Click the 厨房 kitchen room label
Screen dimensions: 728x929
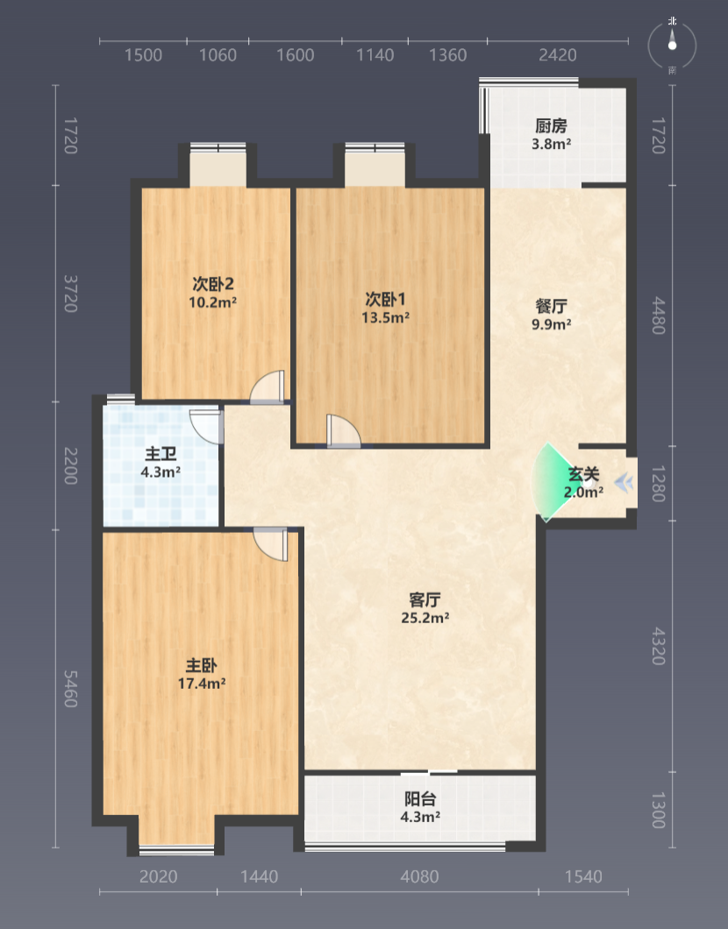tap(552, 125)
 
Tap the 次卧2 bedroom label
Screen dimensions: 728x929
tap(213, 284)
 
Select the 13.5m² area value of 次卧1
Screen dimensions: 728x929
tap(385, 317)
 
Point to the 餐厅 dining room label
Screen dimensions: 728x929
tap(552, 306)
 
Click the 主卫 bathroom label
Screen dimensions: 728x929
tap(161, 454)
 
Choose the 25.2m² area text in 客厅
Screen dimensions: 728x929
tap(425, 618)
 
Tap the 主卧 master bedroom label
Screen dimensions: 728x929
tap(202, 665)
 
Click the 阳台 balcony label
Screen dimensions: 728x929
tap(420, 798)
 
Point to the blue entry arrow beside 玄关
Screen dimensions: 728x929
tap(623, 484)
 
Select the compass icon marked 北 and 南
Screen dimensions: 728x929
tap(672, 45)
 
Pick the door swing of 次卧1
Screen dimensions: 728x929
tap(343, 430)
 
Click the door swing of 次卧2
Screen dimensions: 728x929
tap(268, 386)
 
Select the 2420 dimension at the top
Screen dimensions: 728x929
tap(557, 55)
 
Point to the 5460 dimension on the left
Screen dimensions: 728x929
tap(70, 689)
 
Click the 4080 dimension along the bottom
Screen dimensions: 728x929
tap(420, 876)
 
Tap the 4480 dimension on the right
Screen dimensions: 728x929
tap(659, 316)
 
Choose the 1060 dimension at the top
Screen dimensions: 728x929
tap(218, 55)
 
